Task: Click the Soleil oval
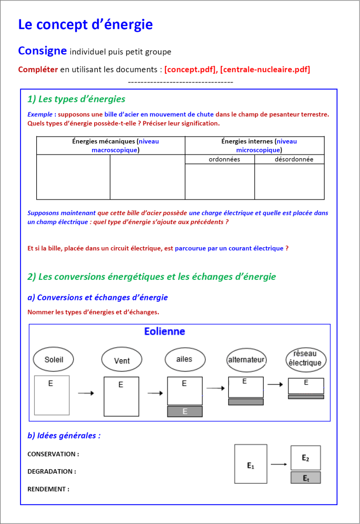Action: coord(54,359)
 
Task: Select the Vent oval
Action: coord(121,360)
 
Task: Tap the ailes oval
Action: coord(184,359)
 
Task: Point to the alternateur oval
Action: coord(246,360)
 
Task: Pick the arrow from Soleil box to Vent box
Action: coord(86,393)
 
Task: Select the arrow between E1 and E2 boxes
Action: coord(279,464)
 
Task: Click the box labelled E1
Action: coord(250,464)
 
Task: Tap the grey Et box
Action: coord(306,478)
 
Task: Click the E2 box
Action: coord(306,457)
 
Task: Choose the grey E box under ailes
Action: coord(185,411)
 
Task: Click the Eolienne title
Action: coord(164,332)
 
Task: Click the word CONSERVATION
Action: coord(53,454)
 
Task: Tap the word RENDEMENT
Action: coord(48,489)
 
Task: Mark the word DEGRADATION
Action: coord(52,471)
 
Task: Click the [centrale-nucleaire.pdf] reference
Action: coord(265,69)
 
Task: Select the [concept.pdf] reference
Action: coord(190,69)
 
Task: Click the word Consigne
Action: coord(43,51)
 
